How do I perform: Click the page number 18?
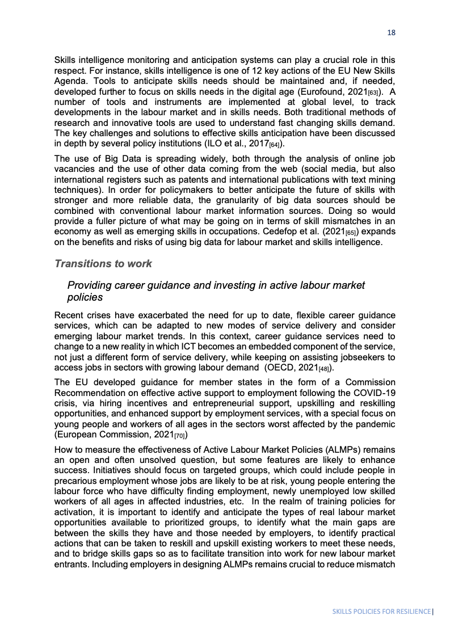(391, 33)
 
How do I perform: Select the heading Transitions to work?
(103, 264)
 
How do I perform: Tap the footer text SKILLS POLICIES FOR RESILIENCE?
(381, 612)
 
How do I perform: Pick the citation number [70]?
(175, 436)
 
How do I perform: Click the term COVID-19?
(375, 392)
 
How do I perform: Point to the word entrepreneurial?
(199, 402)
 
